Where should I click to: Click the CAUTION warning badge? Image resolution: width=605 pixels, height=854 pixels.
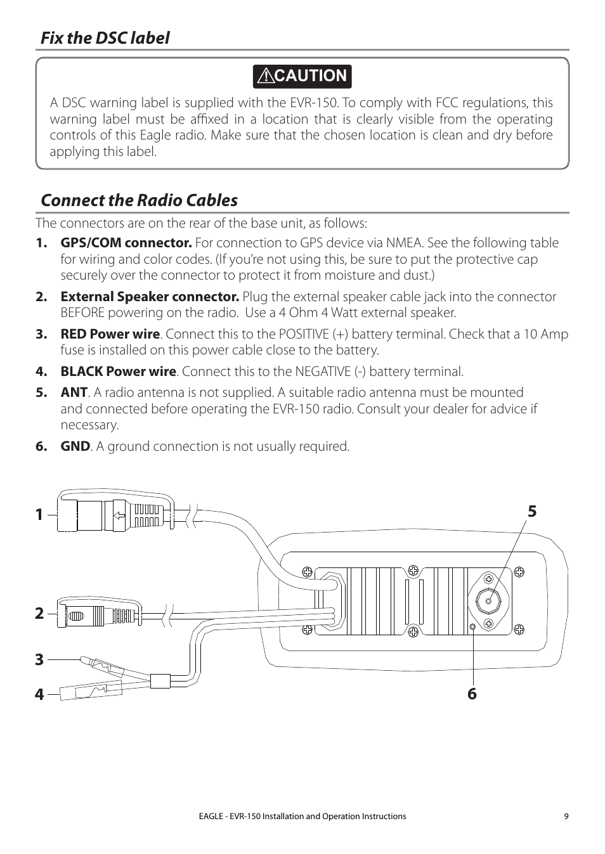tap(302, 76)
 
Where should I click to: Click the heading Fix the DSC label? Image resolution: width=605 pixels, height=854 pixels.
tap(105, 38)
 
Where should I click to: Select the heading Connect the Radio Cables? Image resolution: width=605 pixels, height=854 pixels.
tap(139, 200)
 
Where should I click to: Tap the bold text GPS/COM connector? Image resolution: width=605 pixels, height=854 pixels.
tap(126, 243)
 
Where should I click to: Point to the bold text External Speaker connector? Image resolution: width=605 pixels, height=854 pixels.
tap(150, 297)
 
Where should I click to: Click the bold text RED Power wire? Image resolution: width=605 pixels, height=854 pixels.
tap(110, 334)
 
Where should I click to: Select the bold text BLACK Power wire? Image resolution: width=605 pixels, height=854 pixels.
tap(118, 372)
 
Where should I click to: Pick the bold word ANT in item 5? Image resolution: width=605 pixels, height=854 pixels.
tap(74, 392)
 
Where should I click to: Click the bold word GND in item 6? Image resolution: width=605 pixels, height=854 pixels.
tap(75, 446)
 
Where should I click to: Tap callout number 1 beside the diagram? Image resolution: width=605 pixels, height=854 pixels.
tap(39, 515)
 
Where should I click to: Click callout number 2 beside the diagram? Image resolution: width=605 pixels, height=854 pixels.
tap(39, 613)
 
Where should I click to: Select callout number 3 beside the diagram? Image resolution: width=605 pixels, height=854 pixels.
tap(39, 659)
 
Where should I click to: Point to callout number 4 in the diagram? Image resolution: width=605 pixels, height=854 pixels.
tap(39, 694)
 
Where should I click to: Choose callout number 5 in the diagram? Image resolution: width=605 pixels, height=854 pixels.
tap(531, 511)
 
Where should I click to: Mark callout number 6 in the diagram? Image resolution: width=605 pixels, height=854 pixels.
tap(472, 694)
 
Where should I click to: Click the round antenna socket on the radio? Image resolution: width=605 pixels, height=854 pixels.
tap(489, 602)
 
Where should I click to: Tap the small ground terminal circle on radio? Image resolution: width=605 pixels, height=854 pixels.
tap(473, 627)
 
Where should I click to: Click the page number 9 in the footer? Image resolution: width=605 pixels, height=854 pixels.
tap(566, 817)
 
